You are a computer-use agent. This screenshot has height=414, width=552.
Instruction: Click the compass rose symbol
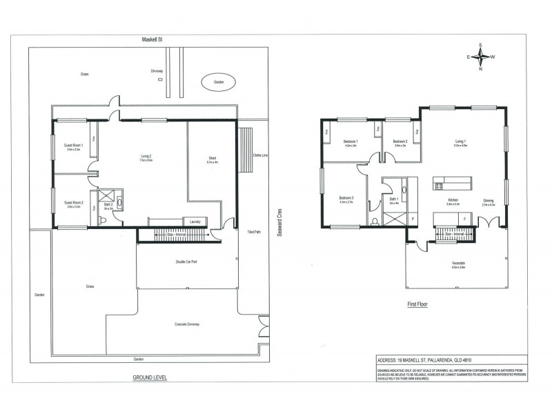tap(481, 57)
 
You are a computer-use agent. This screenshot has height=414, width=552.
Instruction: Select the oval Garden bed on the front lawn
tap(219, 81)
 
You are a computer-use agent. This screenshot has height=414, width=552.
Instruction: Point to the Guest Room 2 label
tap(73, 204)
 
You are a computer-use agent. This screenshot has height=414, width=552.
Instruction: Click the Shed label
tap(213, 159)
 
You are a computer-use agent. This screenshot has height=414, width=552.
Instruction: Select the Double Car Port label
tap(188, 262)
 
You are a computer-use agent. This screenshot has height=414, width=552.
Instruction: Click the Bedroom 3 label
tap(346, 200)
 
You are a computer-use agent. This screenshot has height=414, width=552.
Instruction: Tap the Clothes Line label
tap(260, 155)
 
